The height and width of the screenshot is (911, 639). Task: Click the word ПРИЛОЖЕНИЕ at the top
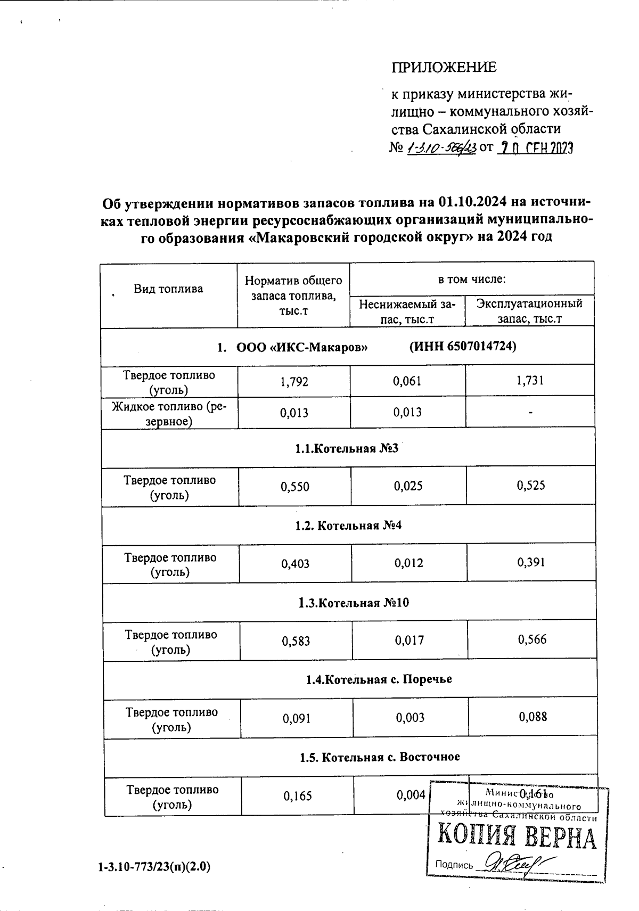444,67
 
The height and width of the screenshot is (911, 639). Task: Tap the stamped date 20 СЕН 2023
534,147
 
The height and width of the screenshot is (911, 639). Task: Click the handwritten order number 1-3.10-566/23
441,148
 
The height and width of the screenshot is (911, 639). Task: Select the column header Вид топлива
168,289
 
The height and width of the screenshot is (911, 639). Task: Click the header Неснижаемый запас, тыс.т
407,311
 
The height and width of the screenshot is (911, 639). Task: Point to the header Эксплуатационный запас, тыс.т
529,311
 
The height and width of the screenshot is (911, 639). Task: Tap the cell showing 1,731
530,381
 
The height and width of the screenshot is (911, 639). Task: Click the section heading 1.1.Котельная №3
347,448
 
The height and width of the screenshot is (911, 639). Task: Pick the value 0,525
531,486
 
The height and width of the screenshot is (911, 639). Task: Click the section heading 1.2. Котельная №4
348,526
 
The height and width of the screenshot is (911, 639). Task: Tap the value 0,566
532,639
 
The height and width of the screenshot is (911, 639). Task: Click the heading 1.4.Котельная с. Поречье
379,679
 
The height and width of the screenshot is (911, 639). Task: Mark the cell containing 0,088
533,717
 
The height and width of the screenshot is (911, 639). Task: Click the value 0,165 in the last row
297,796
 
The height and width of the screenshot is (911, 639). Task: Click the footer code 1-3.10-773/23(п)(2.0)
154,867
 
